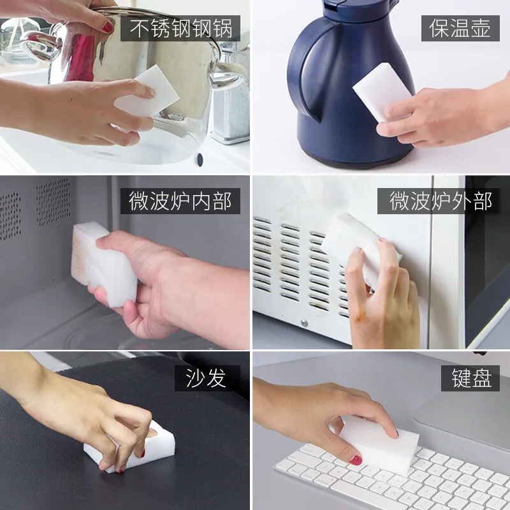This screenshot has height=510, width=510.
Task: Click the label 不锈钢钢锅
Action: [180, 29]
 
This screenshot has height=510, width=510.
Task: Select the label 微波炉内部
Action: [180, 201]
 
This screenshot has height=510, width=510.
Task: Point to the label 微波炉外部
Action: [442, 201]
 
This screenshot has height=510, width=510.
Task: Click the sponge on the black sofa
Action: [131, 449]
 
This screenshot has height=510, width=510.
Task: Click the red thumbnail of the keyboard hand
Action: [355, 459]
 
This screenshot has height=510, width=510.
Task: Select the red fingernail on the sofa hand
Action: [142, 453]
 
